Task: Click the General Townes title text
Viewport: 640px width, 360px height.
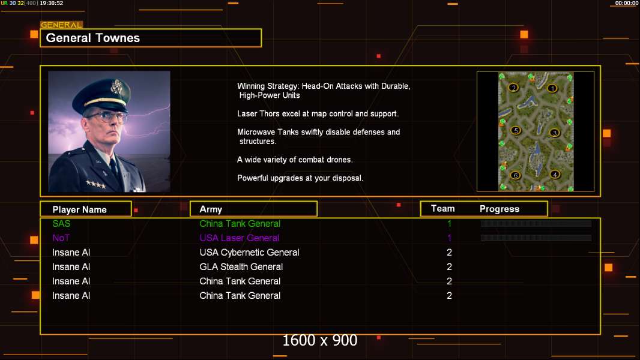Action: (x=92, y=38)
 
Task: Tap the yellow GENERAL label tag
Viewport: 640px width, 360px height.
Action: (x=62, y=25)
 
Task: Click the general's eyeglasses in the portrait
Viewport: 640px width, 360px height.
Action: (x=107, y=117)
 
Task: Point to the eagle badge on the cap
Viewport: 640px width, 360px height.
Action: (x=116, y=86)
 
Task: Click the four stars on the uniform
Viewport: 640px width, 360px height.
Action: (x=96, y=185)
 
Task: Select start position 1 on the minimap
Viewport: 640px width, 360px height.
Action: (x=552, y=88)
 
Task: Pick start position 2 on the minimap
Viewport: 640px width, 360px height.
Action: (x=513, y=87)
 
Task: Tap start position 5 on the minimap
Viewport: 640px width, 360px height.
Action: (x=516, y=130)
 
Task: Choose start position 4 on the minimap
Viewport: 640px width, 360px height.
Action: (x=555, y=175)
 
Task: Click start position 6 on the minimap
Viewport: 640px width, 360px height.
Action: (x=516, y=175)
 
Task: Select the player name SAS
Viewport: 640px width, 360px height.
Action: (x=61, y=223)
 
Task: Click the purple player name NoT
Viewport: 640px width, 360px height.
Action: (x=61, y=238)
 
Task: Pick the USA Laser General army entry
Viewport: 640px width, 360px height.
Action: (x=239, y=238)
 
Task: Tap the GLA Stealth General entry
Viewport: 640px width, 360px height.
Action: (x=241, y=266)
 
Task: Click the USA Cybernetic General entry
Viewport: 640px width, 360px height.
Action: (x=249, y=253)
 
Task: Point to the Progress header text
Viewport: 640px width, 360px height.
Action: (x=499, y=209)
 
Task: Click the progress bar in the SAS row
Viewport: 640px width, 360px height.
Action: (x=536, y=223)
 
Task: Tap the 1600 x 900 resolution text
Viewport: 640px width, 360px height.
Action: (x=319, y=340)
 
